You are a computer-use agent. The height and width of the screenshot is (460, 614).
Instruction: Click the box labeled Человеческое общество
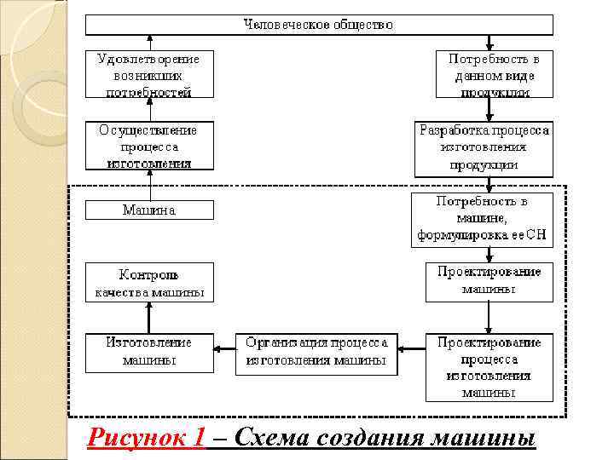(319, 25)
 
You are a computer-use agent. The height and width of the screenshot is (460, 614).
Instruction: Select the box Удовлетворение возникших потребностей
(149, 75)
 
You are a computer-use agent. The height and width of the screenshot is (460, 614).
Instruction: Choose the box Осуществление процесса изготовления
(149, 146)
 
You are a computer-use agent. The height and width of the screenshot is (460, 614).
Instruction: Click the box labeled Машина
(149, 210)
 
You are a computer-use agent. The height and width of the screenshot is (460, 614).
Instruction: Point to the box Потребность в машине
(482, 220)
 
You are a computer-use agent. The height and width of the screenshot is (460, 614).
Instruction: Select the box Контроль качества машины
(149, 283)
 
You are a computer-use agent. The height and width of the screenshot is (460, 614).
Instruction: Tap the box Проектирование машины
(489, 281)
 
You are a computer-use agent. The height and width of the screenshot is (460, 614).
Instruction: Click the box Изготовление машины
(149, 352)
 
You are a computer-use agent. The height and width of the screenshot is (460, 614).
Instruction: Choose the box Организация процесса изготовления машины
(316, 353)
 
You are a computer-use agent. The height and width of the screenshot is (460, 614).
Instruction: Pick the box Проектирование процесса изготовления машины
(489, 367)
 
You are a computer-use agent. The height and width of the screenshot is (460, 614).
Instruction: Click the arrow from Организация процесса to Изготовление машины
(224, 347)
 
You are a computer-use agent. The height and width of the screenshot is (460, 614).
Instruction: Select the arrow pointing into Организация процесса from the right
(411, 347)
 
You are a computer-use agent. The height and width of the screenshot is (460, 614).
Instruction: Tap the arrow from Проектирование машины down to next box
(489, 317)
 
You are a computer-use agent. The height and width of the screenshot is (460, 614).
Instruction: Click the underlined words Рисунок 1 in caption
(146, 438)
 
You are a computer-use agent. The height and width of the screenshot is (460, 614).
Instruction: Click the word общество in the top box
(363, 25)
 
